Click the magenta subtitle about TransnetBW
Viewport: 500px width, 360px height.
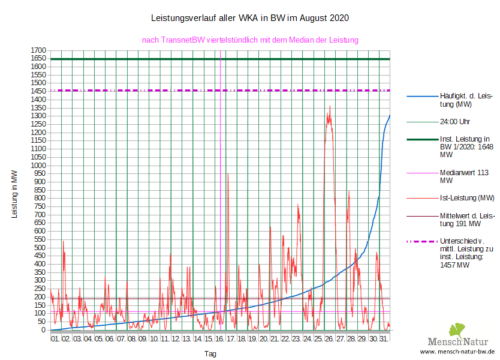(x=250, y=40)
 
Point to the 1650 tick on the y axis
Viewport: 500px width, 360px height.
(x=38, y=58)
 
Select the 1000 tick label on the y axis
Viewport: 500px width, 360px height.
(x=38, y=165)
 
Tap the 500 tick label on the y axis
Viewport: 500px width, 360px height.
(x=40, y=247)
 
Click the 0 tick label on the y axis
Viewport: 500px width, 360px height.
(x=44, y=329)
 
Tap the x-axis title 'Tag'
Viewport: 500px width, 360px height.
(x=210, y=354)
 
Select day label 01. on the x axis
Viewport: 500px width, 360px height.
(x=55, y=340)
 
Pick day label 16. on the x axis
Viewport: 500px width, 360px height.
(x=219, y=340)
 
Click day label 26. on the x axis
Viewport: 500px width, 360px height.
(x=329, y=340)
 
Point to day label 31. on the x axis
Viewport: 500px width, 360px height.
(x=384, y=340)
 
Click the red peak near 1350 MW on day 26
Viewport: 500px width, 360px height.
(x=330, y=107)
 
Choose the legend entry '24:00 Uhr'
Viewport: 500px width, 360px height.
(x=455, y=121)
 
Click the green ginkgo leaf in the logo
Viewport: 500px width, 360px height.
(x=458, y=329)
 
